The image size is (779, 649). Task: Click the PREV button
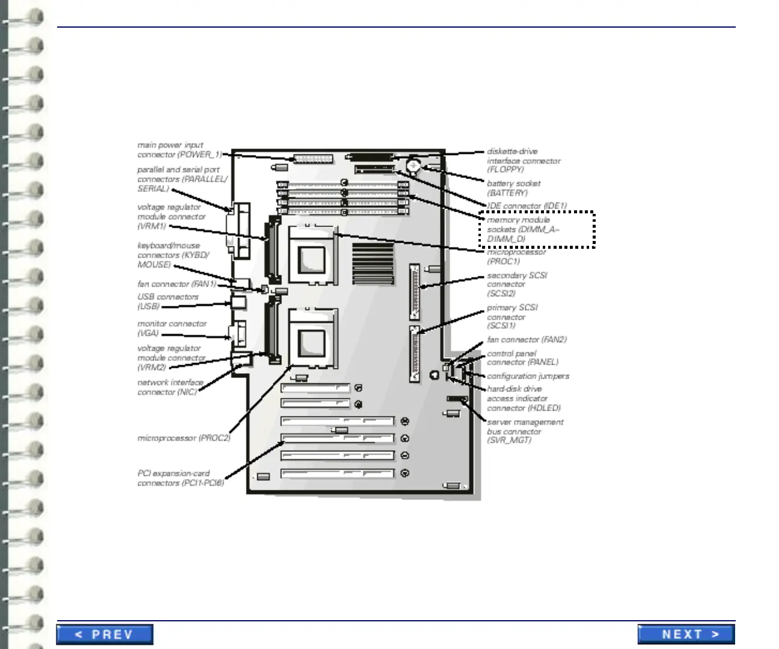click(105, 635)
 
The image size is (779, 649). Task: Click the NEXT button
click(686, 635)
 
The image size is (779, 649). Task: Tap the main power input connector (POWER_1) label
click(179, 150)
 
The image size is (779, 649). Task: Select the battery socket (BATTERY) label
click(513, 188)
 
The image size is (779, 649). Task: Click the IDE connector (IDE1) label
click(527, 206)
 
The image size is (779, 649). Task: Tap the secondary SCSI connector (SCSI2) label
click(516, 284)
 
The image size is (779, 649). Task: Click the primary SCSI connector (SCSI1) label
click(512, 316)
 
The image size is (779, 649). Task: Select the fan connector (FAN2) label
click(527, 340)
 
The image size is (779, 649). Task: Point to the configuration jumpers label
click(528, 376)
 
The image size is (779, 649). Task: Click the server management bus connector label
click(525, 431)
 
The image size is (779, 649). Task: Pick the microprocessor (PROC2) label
click(183, 438)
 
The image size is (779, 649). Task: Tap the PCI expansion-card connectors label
click(180, 478)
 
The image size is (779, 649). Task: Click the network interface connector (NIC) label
click(170, 387)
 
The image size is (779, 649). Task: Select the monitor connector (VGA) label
click(172, 328)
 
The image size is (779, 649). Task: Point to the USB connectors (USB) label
click(168, 301)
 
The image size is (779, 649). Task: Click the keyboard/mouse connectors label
click(173, 255)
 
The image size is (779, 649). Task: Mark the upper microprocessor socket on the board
click(312, 255)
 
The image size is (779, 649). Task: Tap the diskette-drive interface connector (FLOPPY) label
click(523, 160)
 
